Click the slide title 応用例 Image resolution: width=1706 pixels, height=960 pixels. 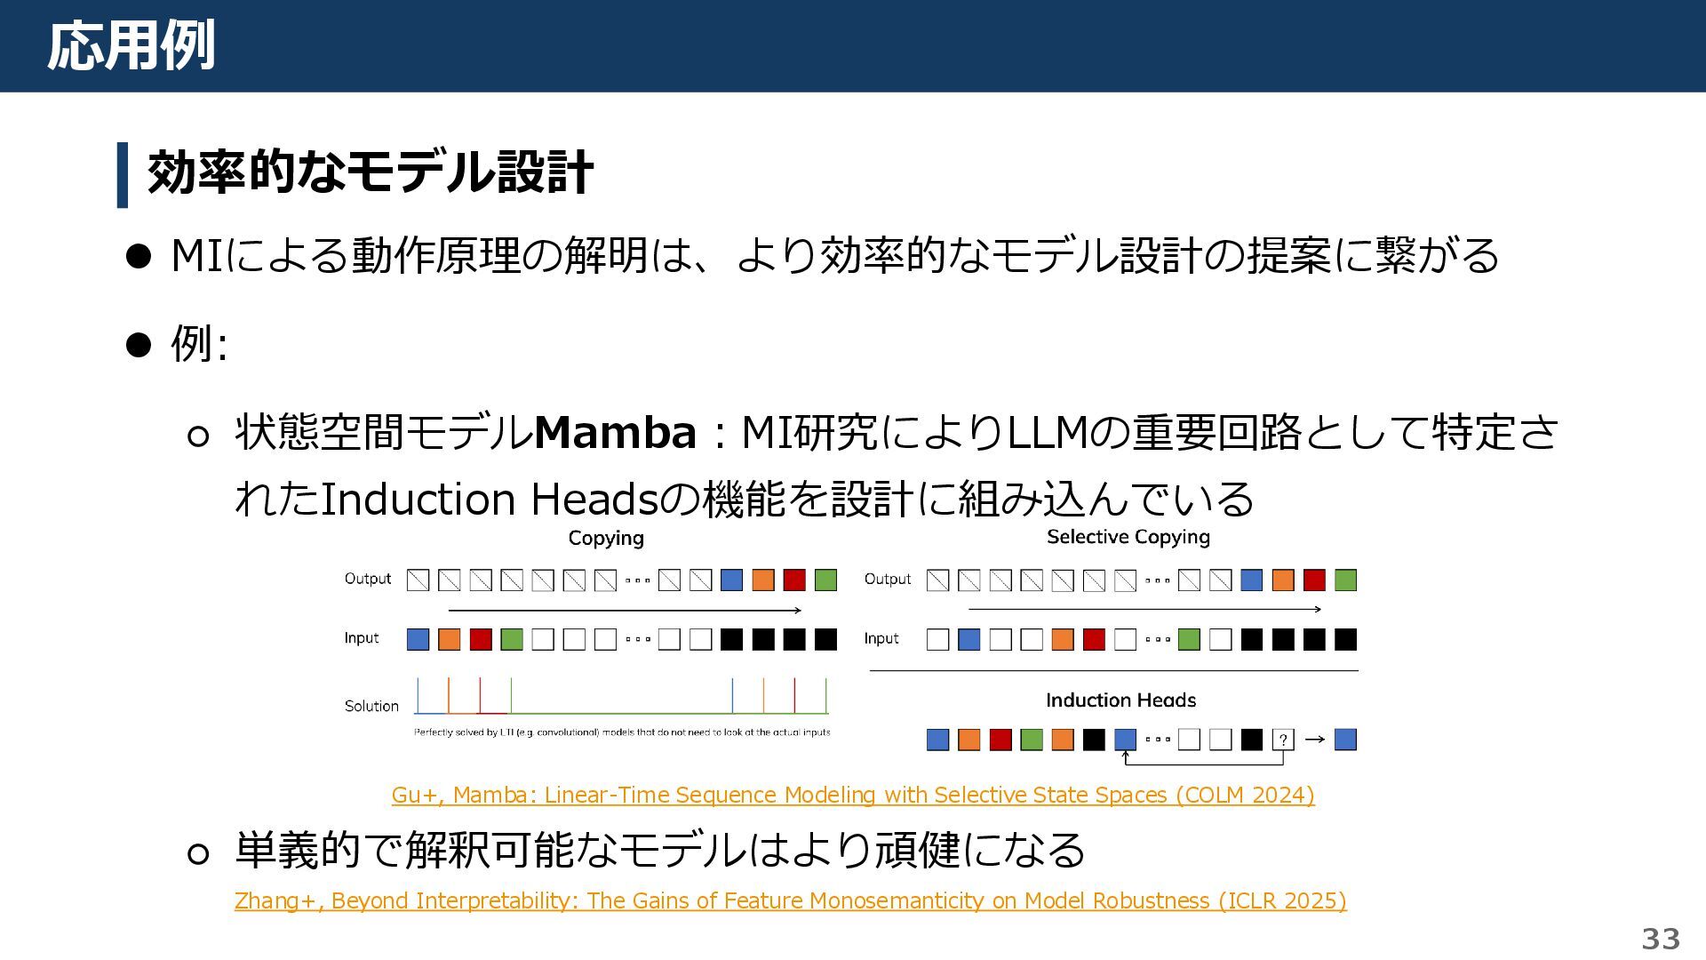(132, 46)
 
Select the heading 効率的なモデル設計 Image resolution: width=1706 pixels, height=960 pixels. (370, 172)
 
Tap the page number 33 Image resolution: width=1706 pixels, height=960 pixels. (1660, 938)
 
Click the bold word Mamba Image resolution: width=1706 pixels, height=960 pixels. (615, 433)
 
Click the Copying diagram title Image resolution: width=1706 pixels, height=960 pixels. (606, 538)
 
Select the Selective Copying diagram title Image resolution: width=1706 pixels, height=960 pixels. (1128, 537)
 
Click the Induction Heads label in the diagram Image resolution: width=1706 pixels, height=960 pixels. (1120, 700)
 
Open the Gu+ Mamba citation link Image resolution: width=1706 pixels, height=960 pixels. (853, 795)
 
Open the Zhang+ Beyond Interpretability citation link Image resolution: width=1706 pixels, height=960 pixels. (790, 900)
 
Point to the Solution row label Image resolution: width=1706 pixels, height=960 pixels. (371, 706)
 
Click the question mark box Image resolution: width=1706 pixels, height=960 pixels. (1282, 740)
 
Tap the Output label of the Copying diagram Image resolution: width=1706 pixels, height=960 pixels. (368, 579)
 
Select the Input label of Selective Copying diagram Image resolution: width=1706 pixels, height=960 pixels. (881, 638)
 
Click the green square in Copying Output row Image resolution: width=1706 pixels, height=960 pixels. (825, 580)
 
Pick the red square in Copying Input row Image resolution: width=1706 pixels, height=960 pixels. (481, 639)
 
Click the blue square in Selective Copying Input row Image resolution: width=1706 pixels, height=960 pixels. (969, 639)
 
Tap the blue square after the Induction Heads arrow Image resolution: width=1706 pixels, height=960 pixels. (1345, 740)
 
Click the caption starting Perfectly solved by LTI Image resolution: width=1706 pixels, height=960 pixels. (622, 732)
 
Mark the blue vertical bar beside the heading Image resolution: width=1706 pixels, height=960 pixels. (123, 175)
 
